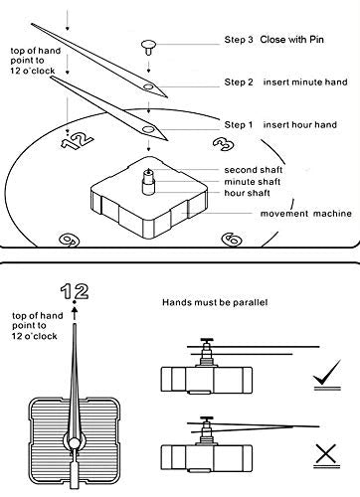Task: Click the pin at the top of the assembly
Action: (x=149, y=47)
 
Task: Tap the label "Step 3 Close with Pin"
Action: (x=274, y=40)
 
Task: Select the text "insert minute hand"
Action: (x=305, y=82)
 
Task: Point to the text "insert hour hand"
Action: (x=300, y=125)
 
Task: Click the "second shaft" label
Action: (x=254, y=170)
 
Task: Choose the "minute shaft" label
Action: (x=253, y=182)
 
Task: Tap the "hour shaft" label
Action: (x=247, y=193)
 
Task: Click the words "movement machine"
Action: (x=306, y=214)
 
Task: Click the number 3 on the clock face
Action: (x=224, y=143)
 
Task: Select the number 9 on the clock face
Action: (x=69, y=240)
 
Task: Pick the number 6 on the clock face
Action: (x=231, y=240)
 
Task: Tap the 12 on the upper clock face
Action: (x=77, y=140)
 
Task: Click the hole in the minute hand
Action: (x=148, y=87)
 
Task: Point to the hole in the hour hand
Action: (x=148, y=129)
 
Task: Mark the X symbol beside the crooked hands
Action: (x=326, y=454)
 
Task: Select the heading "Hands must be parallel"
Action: (x=215, y=302)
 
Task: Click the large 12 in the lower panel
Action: (x=75, y=291)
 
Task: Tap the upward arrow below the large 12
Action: (x=75, y=313)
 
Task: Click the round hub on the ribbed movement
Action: (x=75, y=443)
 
